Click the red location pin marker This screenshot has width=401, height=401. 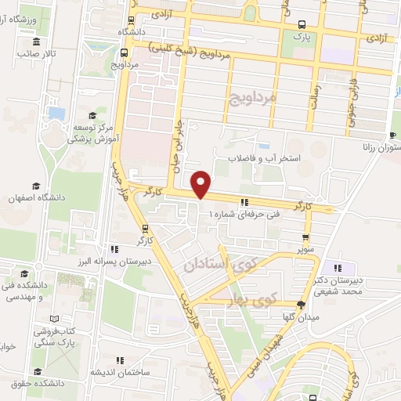coord(202,184)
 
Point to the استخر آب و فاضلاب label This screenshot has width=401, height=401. coord(264,158)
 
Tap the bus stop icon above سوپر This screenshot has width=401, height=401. coord(305,238)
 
